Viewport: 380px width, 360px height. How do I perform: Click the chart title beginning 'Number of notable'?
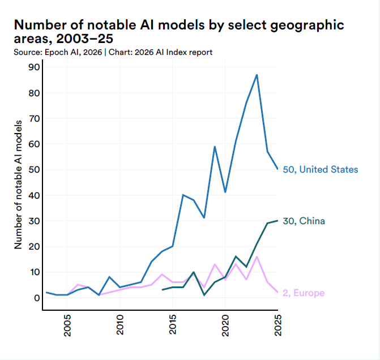[x=178, y=32]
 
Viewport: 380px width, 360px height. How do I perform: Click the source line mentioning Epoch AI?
[x=113, y=53]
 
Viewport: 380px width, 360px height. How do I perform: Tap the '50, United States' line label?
[x=320, y=169]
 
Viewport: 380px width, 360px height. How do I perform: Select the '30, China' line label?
[x=304, y=221]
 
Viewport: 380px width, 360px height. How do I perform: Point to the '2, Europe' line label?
[x=303, y=293]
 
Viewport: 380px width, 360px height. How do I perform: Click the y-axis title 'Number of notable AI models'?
[x=18, y=185]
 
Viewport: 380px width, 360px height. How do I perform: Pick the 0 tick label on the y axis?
[x=36, y=298]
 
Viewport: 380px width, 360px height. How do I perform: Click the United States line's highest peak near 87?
[x=257, y=75]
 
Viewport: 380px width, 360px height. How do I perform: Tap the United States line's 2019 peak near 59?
[x=215, y=147]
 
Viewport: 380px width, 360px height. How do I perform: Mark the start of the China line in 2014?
[x=163, y=290]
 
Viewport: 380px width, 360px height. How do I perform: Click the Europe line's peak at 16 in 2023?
[x=257, y=256]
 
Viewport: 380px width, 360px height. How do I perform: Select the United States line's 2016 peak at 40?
[x=183, y=195]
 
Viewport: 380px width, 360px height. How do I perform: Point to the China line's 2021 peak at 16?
[x=236, y=256]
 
